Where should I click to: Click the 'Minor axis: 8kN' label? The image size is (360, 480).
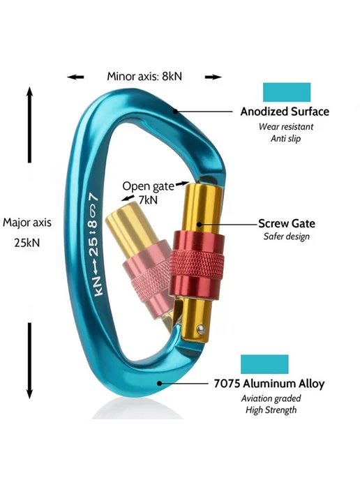click(x=144, y=76)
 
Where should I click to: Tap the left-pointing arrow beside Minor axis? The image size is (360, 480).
click(x=75, y=77)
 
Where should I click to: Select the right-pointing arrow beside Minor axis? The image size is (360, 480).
click(x=213, y=77)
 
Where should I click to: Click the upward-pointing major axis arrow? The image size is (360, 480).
click(x=29, y=125)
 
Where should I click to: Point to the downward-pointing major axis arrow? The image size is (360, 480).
click(x=29, y=361)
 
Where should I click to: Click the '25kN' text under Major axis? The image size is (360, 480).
click(x=27, y=243)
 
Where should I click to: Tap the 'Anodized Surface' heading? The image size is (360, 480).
click(x=285, y=112)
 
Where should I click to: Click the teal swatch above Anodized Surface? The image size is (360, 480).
click(x=287, y=92)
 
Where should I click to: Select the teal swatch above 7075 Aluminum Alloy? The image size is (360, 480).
click(x=264, y=364)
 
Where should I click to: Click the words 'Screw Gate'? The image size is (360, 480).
click(x=287, y=223)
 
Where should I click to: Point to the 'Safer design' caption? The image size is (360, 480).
click(x=287, y=237)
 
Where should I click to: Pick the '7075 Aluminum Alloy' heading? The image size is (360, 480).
click(x=269, y=384)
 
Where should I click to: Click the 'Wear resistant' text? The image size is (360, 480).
click(x=286, y=127)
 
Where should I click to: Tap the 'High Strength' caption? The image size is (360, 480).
click(x=271, y=410)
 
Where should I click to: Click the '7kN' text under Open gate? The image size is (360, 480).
click(x=148, y=200)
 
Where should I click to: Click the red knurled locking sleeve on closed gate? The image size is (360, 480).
click(x=196, y=265)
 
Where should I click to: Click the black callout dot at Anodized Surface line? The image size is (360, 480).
click(x=175, y=111)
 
